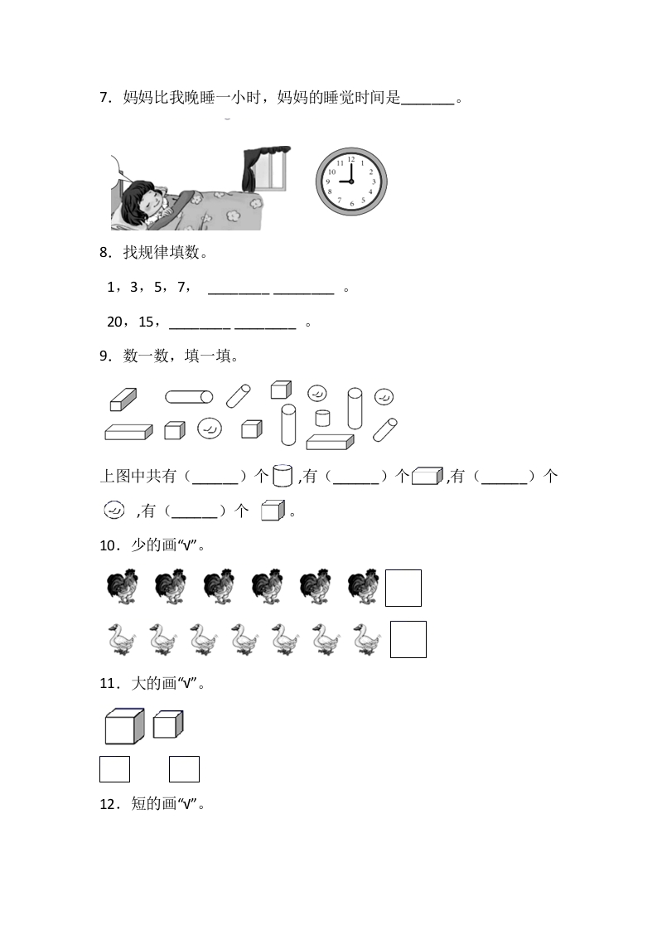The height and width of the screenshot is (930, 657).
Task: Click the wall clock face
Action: click(351, 182)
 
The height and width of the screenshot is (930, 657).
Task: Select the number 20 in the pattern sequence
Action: click(114, 322)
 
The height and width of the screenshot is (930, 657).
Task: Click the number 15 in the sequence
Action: click(146, 322)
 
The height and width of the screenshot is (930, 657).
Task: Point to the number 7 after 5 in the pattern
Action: click(181, 288)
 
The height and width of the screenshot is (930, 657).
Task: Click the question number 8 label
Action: click(105, 253)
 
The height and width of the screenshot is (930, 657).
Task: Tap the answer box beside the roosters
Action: click(403, 588)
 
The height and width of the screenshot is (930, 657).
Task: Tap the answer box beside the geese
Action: click(408, 639)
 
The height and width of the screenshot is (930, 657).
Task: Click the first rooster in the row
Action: click(123, 587)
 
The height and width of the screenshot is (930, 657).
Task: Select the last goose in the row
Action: click(367, 639)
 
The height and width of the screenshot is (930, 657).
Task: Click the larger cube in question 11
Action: click(124, 726)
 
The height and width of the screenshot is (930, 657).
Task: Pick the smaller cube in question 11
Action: click(168, 724)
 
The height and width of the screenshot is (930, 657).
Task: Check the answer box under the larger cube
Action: click(114, 769)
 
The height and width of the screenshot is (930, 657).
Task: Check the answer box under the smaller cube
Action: click(184, 769)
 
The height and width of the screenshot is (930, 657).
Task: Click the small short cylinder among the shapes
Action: click(322, 418)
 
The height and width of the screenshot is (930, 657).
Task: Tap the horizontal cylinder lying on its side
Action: click(189, 397)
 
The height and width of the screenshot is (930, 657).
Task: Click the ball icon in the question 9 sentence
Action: click(114, 510)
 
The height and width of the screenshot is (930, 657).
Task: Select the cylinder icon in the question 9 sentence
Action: click(283, 476)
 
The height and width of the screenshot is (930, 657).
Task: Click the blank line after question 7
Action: click(428, 104)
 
